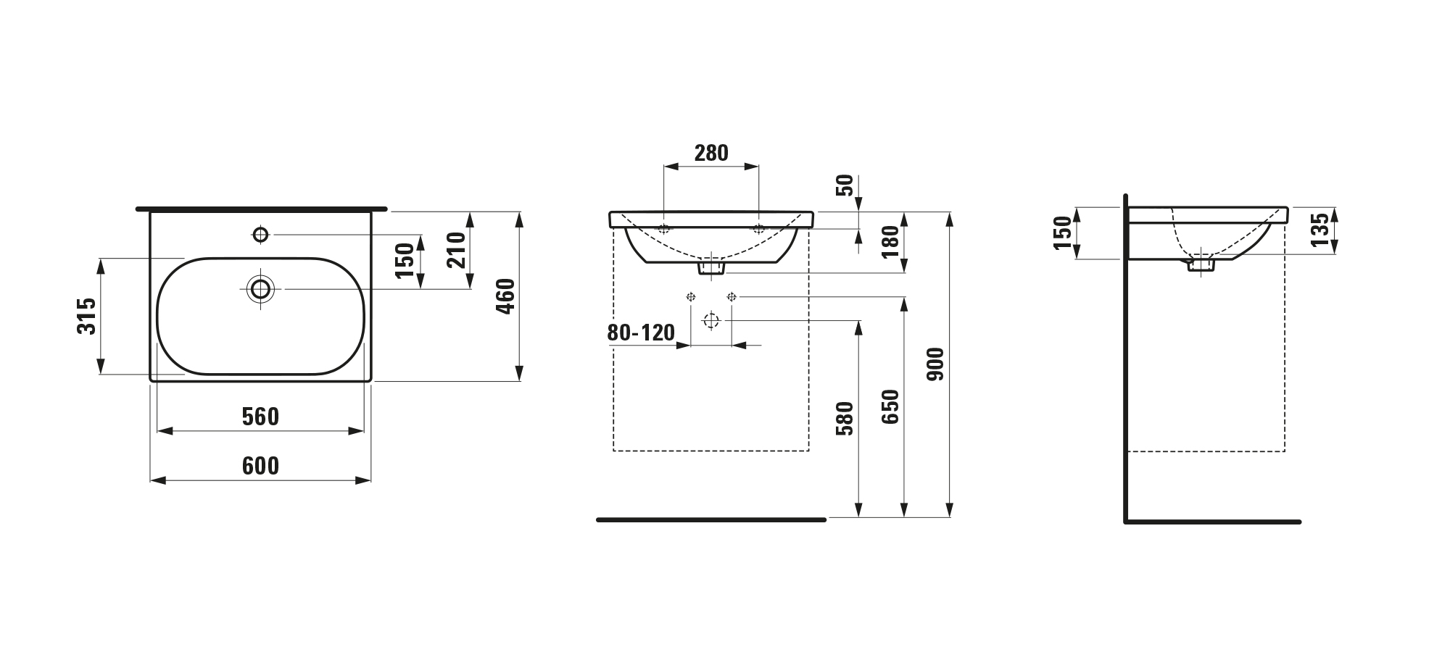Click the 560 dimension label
pyautogui.click(x=260, y=417)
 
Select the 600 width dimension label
pyautogui.click(x=260, y=466)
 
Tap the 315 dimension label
pyautogui.click(x=86, y=316)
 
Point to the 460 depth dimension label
pyautogui.click(x=505, y=296)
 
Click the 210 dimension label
pyautogui.click(x=456, y=250)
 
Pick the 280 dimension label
pyautogui.click(x=711, y=153)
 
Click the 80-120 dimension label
pyautogui.click(x=641, y=333)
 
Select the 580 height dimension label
pyautogui.click(x=845, y=418)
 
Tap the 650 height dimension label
pyautogui.click(x=890, y=407)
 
